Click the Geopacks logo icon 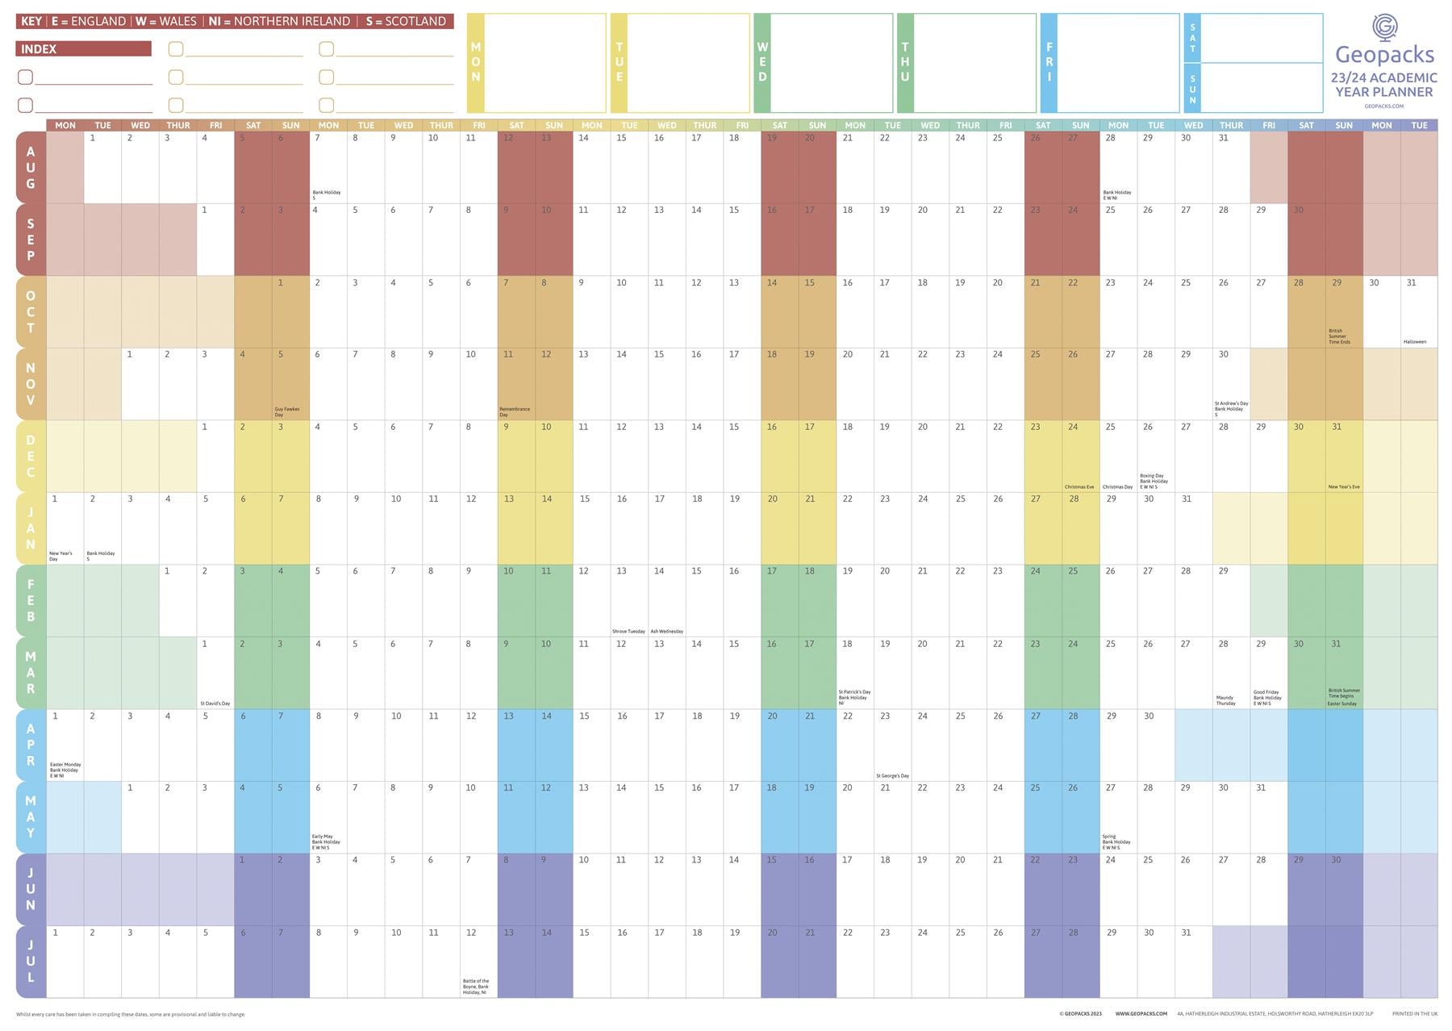1384,27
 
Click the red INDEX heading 83,49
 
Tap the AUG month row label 31,167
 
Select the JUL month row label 31,961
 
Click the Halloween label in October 1414,342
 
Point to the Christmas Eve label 1079,487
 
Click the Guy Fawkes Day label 286,411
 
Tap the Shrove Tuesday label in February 628,632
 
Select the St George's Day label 892,776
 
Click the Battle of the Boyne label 476,987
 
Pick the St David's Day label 215,703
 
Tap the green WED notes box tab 762,63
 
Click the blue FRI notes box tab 1049,63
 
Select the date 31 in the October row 1411,283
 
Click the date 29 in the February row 1223,571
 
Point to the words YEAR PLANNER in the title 1383,92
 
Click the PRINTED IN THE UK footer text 1414,1014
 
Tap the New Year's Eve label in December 1344,487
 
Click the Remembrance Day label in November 515,411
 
